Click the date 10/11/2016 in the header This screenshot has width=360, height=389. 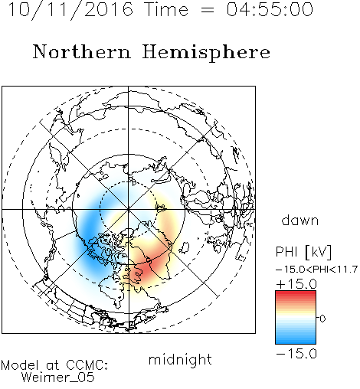pyautogui.click(x=70, y=10)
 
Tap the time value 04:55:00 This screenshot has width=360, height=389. pyautogui.click(x=270, y=9)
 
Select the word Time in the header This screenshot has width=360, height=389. pyautogui.click(x=166, y=9)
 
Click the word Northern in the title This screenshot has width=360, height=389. pyautogui.click(x=82, y=51)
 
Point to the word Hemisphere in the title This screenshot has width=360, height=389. pyautogui.click(x=206, y=52)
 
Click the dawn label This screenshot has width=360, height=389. pyautogui.click(x=300, y=220)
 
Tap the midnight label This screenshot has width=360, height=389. pyautogui.click(x=180, y=359)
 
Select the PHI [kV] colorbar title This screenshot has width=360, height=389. pyautogui.click(x=303, y=252)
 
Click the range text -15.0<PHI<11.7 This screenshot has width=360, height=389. pyautogui.click(x=316, y=270)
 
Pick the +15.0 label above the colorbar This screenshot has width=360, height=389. pyautogui.click(x=296, y=284)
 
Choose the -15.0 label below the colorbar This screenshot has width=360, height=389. pyautogui.click(x=296, y=354)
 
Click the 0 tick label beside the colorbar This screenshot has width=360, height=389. pyautogui.click(x=322, y=319)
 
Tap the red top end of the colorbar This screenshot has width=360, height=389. pyautogui.click(x=296, y=293)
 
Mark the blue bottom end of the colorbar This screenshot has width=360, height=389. pyautogui.click(x=296, y=342)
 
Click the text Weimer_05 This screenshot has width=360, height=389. pyautogui.click(x=58, y=378)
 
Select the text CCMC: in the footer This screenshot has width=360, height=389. pyautogui.click(x=87, y=365)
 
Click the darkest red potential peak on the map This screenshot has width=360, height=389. pyautogui.click(x=145, y=270)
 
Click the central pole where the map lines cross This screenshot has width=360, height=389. pyautogui.click(x=129, y=210)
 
